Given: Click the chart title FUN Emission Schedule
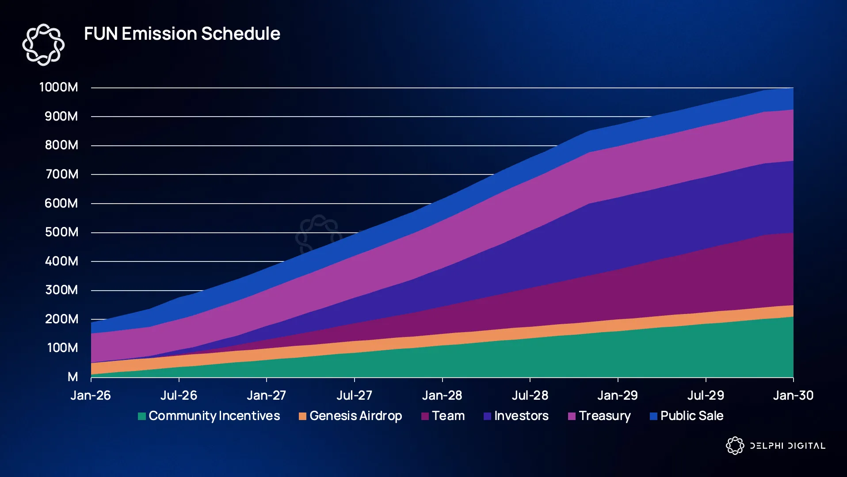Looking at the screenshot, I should tap(182, 34).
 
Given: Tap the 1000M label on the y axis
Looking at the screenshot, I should tap(59, 87).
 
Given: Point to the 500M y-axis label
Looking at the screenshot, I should tap(61, 232).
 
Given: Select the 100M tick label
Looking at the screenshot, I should tap(62, 348).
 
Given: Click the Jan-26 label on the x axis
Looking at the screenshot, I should tap(91, 395).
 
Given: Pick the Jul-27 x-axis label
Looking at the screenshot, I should tap(354, 395).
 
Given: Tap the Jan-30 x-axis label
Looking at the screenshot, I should tap(793, 395).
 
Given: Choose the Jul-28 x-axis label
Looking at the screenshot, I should tap(530, 395).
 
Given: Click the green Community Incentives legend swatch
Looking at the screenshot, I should tap(142, 416).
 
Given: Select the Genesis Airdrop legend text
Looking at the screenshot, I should tap(355, 416).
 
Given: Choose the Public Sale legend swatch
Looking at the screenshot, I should tap(653, 416).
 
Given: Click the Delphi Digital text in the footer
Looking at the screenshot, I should tap(787, 446).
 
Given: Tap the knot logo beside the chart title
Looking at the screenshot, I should tap(43, 45).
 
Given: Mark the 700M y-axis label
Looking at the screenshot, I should tap(62, 174).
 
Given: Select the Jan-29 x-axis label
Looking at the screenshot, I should tap(618, 395).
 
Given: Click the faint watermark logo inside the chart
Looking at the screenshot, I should tap(318, 234).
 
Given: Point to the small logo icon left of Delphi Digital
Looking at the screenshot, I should tap(735, 446).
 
